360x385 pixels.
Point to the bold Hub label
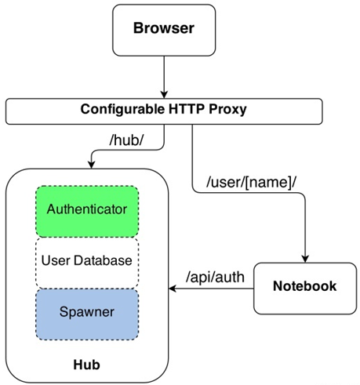tap(87, 365)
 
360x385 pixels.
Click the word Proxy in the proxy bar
tap(229, 110)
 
